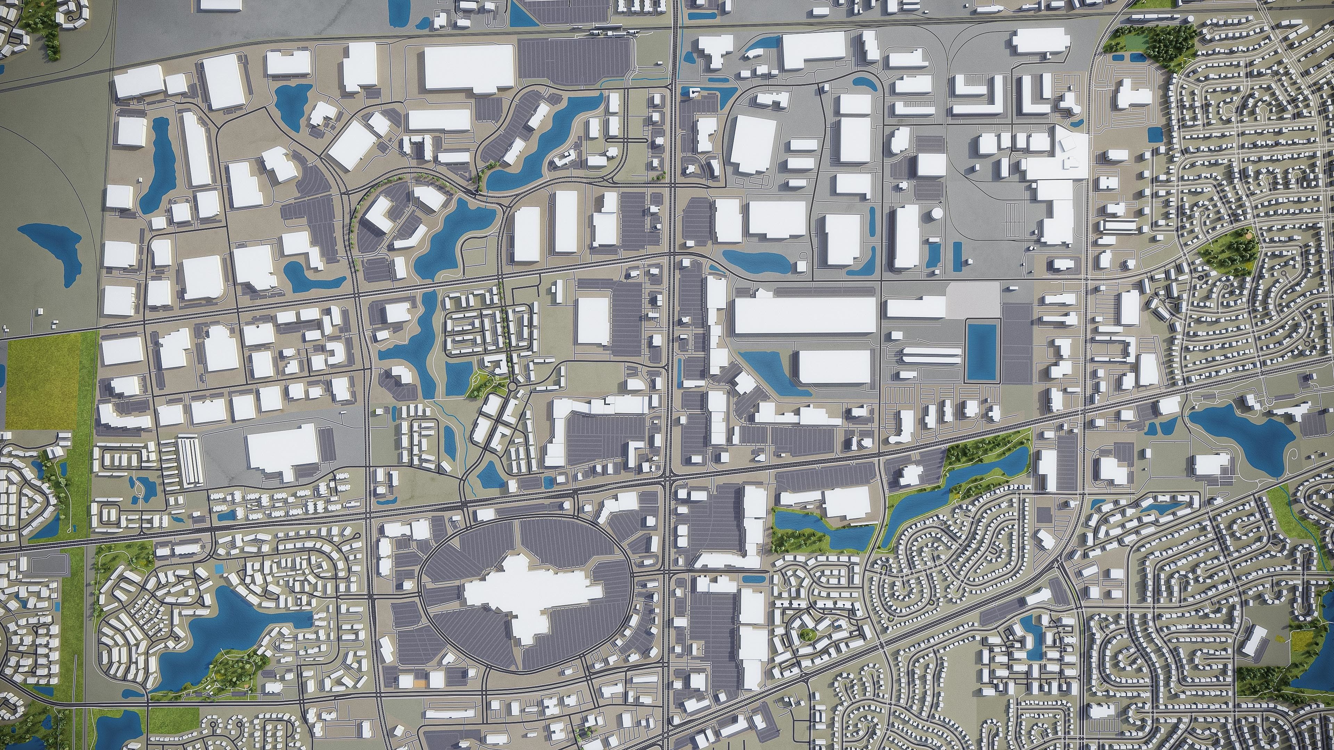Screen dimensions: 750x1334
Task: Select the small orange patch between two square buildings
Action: tap(419, 684)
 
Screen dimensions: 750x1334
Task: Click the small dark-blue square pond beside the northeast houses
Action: tap(1153, 135)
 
